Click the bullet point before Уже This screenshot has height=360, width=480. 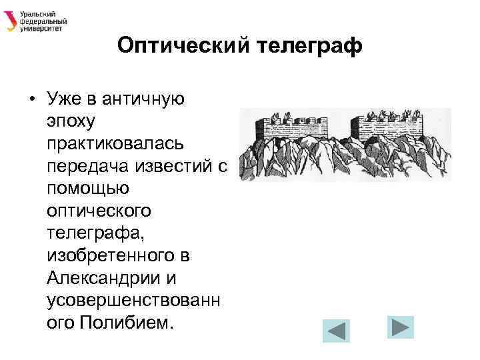tap(31, 100)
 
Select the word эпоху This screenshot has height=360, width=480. tap(72, 122)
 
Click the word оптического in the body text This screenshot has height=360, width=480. tap(99, 211)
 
